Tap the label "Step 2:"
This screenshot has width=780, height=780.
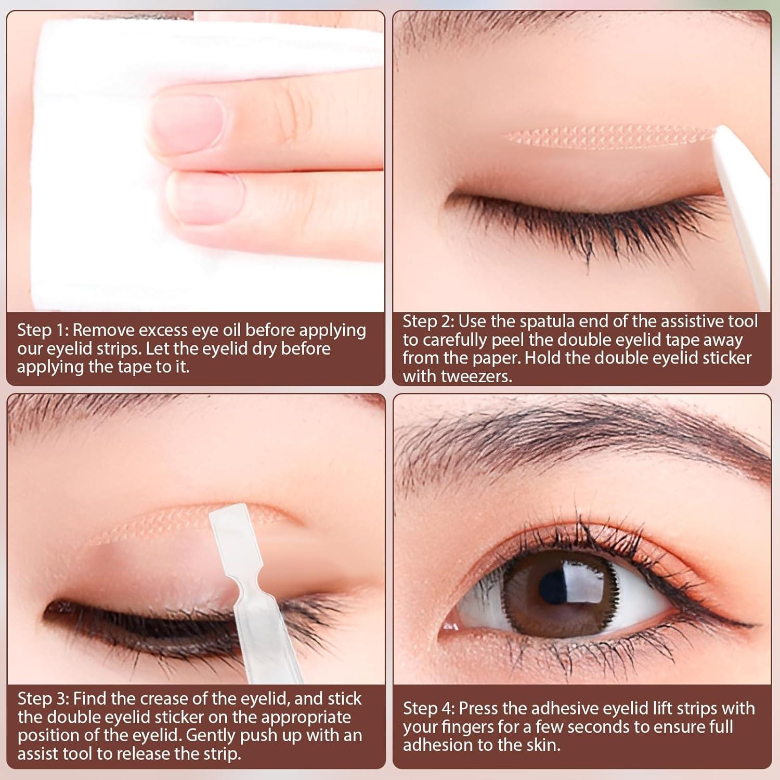[x=428, y=321]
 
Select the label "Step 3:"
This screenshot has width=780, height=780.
[x=43, y=699]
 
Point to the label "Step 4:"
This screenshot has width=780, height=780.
[x=428, y=708]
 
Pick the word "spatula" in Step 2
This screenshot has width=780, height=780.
[x=548, y=321]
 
